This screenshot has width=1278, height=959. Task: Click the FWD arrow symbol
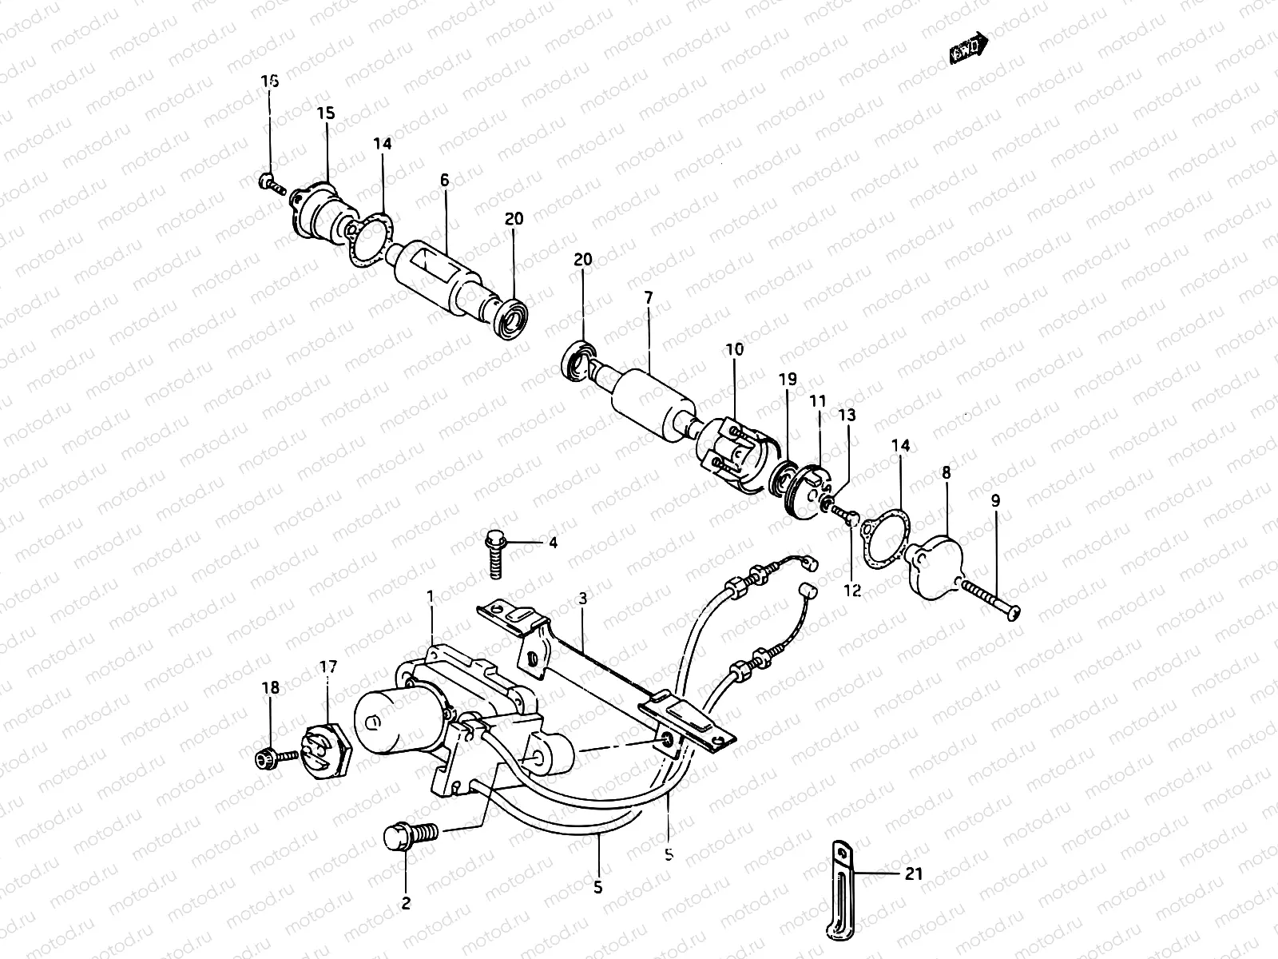coord(969,50)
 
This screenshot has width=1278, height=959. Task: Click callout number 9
coord(994,502)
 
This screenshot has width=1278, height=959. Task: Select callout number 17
coord(328,666)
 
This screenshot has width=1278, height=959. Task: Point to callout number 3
coord(583,599)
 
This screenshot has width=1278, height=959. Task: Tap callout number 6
coord(444,181)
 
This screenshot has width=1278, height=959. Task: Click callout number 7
coord(649,297)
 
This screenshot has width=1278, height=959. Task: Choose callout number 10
coord(734,349)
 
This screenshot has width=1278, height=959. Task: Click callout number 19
coord(788,379)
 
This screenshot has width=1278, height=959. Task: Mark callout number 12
coord(852,591)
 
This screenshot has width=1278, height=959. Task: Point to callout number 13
coord(847,415)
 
